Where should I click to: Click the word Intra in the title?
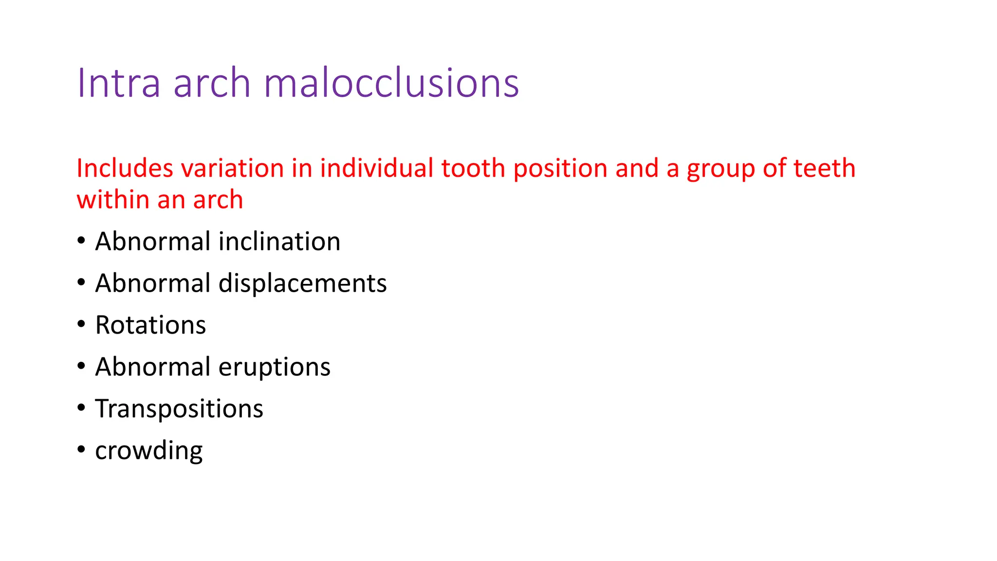click(x=118, y=83)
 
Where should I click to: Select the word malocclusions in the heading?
click(x=391, y=83)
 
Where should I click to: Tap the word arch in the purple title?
click(x=212, y=83)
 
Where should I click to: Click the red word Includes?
click(x=125, y=168)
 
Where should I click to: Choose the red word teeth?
click(x=824, y=168)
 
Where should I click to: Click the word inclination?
click(x=279, y=242)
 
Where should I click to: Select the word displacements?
click(x=302, y=283)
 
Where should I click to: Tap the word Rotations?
click(x=150, y=325)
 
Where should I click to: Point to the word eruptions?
click(x=275, y=367)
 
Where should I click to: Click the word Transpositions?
click(x=179, y=409)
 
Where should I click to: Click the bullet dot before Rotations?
click(x=81, y=324)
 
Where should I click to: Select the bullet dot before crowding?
click(x=81, y=449)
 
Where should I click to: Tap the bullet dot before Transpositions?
click(x=81, y=408)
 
